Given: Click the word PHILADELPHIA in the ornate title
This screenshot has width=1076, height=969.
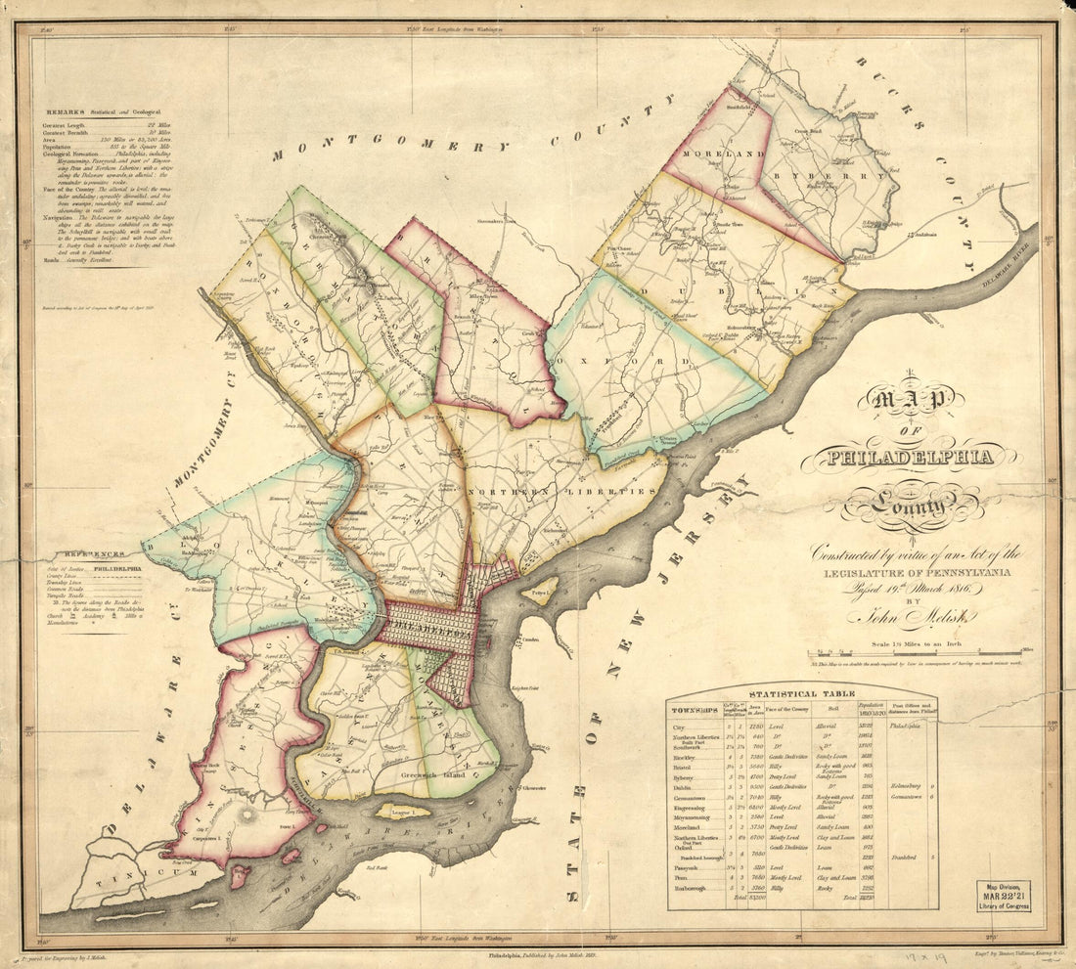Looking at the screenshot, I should click(909, 456).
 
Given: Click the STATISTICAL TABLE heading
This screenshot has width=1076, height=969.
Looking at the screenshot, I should click(801, 694).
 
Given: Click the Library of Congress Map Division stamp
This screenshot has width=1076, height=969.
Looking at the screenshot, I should click(1002, 896).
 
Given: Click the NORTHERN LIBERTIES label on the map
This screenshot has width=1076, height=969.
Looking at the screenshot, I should click(560, 493).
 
